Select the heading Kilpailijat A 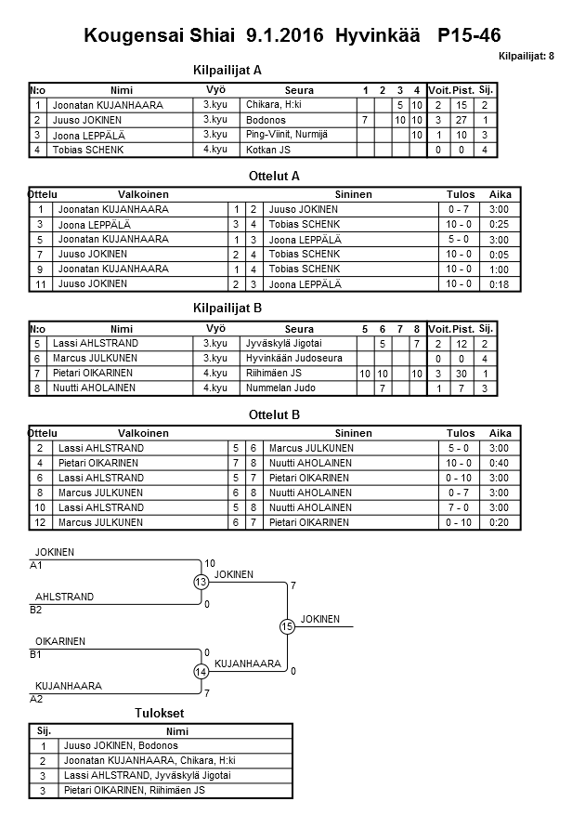pyautogui.click(x=227, y=70)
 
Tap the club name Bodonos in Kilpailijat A pyautogui.click(x=266, y=121)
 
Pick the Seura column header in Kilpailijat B pyautogui.click(x=299, y=329)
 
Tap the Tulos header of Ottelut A pyautogui.click(x=461, y=195)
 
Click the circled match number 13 pyautogui.click(x=201, y=582)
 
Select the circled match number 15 pyautogui.click(x=287, y=627)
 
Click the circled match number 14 pyautogui.click(x=201, y=672)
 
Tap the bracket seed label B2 pyautogui.click(x=36, y=611)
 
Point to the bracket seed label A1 pyautogui.click(x=36, y=565)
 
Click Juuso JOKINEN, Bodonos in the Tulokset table pyautogui.click(x=120, y=745)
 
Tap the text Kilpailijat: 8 pyautogui.click(x=526, y=57)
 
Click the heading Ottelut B pyautogui.click(x=274, y=414)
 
